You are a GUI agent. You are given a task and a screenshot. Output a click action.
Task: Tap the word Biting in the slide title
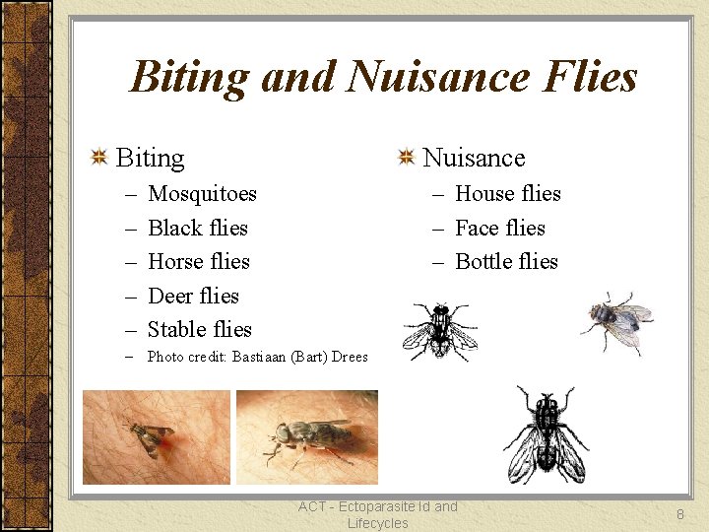(187, 77)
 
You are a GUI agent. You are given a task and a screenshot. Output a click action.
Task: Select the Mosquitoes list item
(202, 194)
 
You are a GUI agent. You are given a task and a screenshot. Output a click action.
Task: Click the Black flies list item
(197, 228)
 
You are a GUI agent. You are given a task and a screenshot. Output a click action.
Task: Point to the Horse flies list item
(198, 261)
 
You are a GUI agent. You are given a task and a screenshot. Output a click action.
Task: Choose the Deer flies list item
(193, 296)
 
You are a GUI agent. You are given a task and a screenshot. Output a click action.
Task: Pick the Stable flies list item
(199, 329)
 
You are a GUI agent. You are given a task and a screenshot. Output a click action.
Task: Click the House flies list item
(507, 194)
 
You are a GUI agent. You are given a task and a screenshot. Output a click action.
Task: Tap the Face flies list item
(499, 228)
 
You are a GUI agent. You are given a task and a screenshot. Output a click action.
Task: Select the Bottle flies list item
(506, 261)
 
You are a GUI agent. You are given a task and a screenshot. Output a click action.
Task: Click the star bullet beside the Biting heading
(98, 158)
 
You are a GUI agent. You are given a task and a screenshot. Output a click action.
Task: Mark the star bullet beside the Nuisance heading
(406, 158)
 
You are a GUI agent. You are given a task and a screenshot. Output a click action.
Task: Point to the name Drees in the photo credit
(350, 357)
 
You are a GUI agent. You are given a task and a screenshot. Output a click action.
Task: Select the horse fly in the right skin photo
(310, 435)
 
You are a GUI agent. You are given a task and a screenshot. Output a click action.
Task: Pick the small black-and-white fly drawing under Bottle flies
(439, 330)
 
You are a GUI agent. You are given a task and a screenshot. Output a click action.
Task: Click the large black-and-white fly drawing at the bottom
(546, 433)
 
